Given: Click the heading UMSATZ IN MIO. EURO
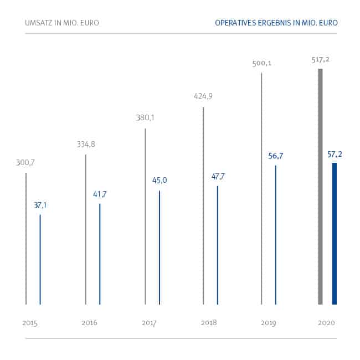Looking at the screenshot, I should click(x=62, y=23).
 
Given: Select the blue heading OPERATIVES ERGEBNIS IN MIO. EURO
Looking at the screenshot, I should click(x=276, y=23).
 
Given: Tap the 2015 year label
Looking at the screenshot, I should click(x=30, y=323).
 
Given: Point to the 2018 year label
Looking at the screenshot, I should click(x=209, y=323).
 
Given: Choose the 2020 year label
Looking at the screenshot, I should click(x=327, y=323).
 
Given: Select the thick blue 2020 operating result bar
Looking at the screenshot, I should click(x=334, y=233).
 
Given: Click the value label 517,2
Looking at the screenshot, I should click(x=320, y=59).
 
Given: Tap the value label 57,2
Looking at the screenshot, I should click(x=335, y=154).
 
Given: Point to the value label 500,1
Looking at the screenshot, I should click(x=261, y=64).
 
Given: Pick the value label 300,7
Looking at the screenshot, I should click(x=25, y=163).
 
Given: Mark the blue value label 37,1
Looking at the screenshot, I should click(x=40, y=205).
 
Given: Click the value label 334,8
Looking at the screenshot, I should click(x=86, y=145).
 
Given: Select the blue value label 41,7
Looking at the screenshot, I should click(x=100, y=194).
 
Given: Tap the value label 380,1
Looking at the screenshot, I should click(x=145, y=117).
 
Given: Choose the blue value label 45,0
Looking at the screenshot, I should click(x=160, y=181).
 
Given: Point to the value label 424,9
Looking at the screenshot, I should click(x=203, y=96).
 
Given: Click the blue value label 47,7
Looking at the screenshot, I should click(x=218, y=177).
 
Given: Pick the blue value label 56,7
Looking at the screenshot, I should click(x=276, y=156).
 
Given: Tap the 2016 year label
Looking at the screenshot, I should click(x=89, y=323).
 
